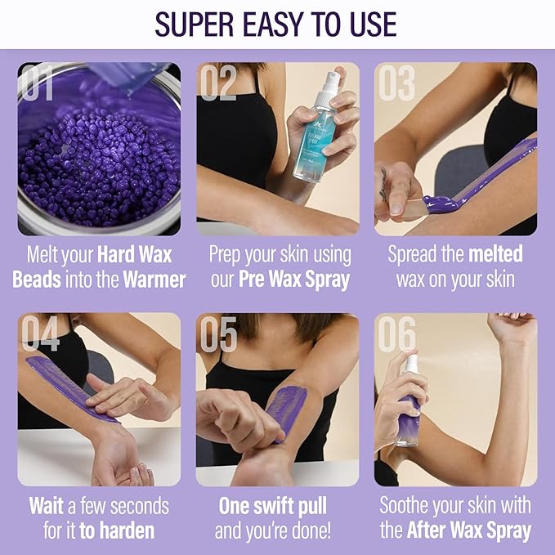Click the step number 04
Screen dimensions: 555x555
click(39, 333)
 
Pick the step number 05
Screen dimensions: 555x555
click(217, 333)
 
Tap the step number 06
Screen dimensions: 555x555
click(396, 333)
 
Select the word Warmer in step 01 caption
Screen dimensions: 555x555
click(154, 280)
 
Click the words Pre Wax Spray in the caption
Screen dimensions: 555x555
click(293, 280)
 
